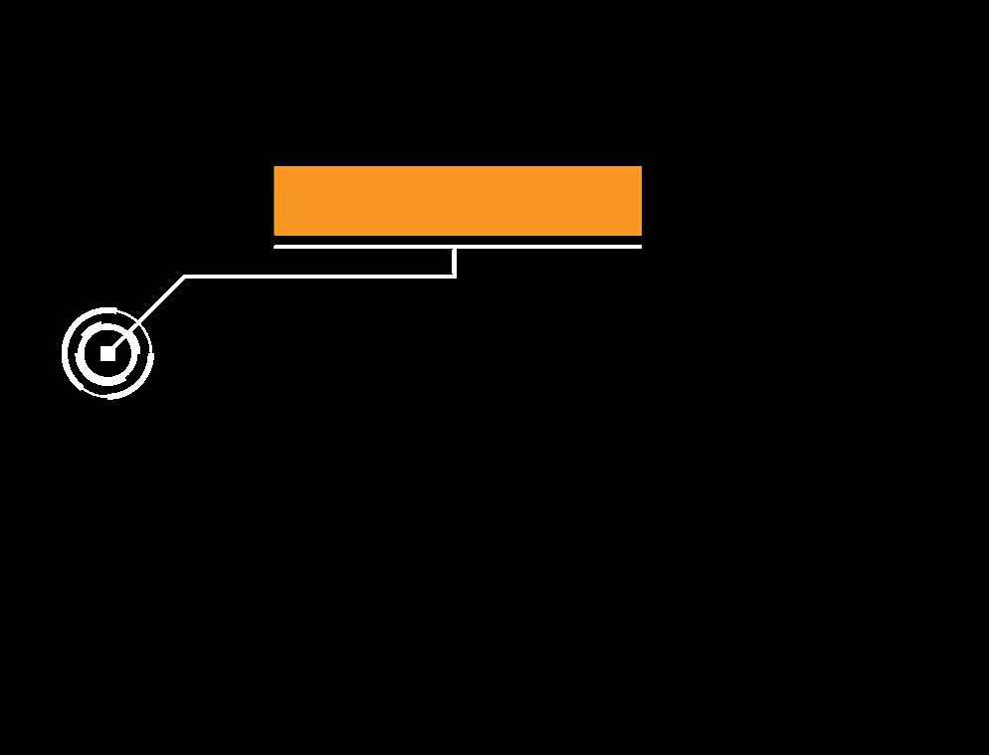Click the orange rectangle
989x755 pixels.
(x=458, y=201)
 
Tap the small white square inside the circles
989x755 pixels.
(x=107, y=353)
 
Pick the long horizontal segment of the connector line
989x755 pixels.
(x=318, y=276)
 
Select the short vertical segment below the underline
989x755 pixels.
(x=455, y=262)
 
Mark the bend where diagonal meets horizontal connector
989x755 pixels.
(x=185, y=276)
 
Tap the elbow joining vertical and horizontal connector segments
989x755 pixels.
(x=455, y=276)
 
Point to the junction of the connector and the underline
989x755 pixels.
(x=455, y=247)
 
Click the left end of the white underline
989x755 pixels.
(x=276, y=246)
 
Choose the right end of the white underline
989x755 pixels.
(x=640, y=246)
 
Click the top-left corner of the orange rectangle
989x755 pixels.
(x=275, y=167)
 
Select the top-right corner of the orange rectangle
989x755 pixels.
(x=641, y=167)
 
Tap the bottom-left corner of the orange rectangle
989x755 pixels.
(x=275, y=235)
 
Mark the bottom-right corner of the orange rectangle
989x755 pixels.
(x=641, y=235)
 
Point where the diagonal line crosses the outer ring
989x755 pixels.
(x=138, y=322)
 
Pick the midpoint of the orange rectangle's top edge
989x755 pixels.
(x=458, y=167)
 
